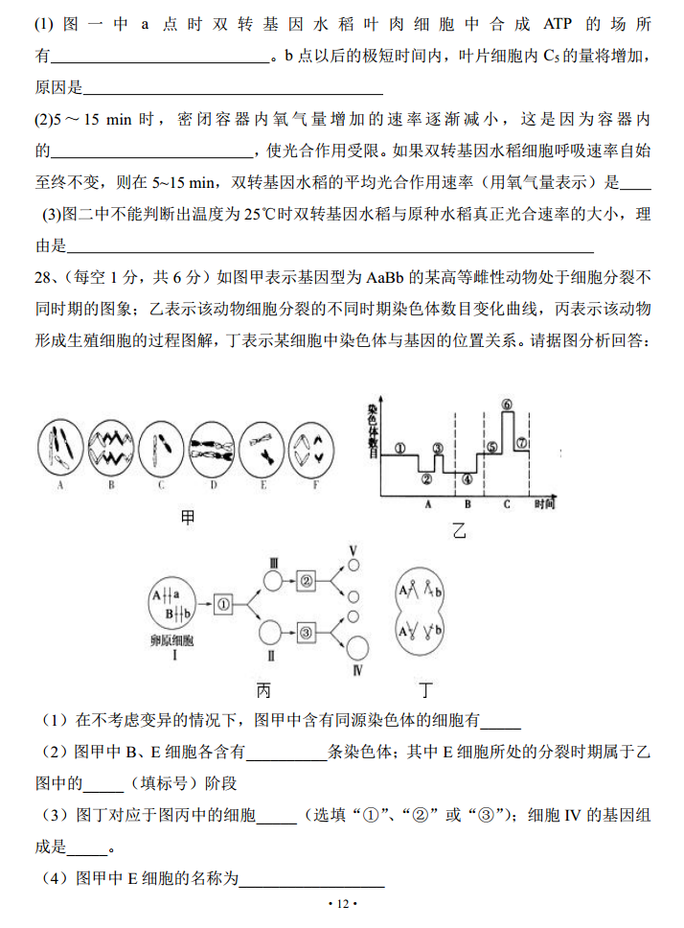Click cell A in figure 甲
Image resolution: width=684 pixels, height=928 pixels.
point(60,448)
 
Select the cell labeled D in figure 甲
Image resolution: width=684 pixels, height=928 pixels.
point(213,448)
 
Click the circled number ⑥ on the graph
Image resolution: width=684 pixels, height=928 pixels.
point(508,405)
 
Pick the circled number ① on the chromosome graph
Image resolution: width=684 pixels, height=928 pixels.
point(400,447)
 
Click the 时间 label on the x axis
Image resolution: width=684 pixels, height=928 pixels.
point(545,503)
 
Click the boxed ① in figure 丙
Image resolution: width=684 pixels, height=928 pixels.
point(224,604)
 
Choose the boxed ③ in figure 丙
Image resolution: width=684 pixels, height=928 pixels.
point(306,632)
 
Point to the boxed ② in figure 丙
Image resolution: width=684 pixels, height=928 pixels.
point(306,580)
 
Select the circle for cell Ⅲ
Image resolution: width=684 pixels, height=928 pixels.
point(273,581)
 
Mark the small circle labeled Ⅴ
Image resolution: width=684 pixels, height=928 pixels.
point(353,568)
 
